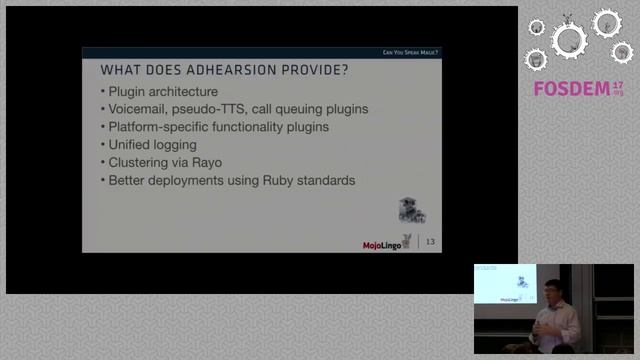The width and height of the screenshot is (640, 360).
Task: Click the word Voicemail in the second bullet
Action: point(140,109)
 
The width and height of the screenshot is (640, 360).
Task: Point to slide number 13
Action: point(431,242)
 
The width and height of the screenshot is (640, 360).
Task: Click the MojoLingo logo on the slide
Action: point(387,243)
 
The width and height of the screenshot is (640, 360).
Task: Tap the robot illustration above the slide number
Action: point(410,209)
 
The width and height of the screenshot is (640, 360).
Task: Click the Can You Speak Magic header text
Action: point(410,52)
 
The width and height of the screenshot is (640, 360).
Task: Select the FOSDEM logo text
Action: point(572,89)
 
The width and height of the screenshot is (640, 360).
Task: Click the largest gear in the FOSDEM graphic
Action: point(569,40)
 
